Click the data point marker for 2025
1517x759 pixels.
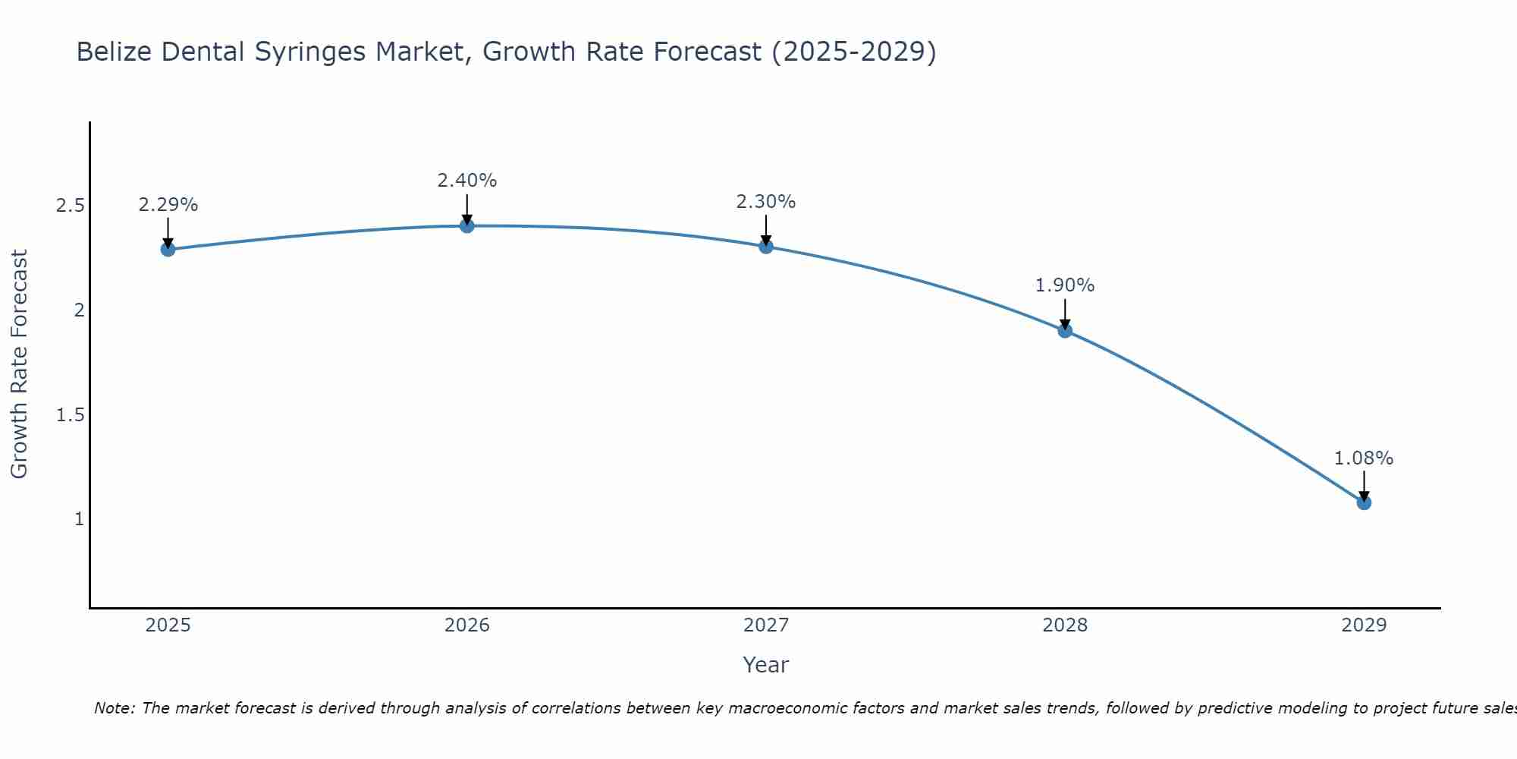168,249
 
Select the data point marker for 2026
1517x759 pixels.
467,225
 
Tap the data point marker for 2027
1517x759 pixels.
766,246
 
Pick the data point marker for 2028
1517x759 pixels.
1065,330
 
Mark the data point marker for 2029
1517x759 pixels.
1364,502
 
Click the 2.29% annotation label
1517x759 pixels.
168,205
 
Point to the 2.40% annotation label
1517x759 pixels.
467,181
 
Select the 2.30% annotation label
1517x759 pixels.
766,202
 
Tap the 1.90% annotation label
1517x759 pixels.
1065,285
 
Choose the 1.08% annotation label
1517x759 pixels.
1364,458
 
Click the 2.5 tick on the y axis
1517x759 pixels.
71,206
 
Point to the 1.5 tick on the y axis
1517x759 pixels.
71,414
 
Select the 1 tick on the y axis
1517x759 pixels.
78,519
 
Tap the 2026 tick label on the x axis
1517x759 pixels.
467,625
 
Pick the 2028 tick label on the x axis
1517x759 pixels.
1065,625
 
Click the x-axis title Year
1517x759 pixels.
766,665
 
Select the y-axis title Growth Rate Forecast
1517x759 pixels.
19,364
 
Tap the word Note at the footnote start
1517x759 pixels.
113,708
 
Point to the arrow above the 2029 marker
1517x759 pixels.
1364,484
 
